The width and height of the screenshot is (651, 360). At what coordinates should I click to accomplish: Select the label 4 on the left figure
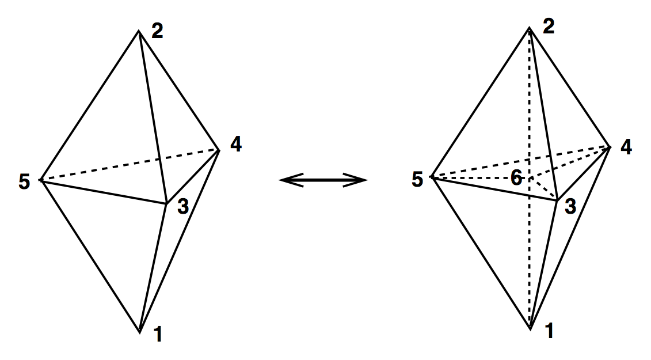pyautogui.click(x=235, y=145)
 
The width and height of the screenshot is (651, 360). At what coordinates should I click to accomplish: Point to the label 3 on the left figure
pyautogui.click(x=182, y=207)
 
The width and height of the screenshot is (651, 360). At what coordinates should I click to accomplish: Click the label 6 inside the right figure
pyautogui.click(x=516, y=179)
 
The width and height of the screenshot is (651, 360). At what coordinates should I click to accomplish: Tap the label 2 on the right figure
pyautogui.click(x=549, y=27)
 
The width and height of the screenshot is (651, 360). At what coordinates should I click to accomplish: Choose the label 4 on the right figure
pyautogui.click(x=626, y=147)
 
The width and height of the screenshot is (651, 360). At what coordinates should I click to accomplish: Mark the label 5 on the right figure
pyautogui.click(x=417, y=180)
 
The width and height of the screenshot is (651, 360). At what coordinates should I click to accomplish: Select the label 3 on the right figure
pyautogui.click(x=570, y=206)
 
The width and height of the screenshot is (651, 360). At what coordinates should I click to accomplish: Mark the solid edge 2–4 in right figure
pyautogui.click(x=570, y=86)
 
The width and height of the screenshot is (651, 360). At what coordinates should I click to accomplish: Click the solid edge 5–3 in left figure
pyautogui.click(x=104, y=191)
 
